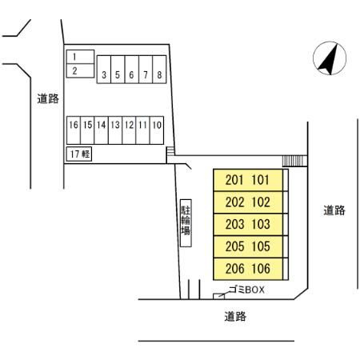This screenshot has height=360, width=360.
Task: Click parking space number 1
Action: (80, 57)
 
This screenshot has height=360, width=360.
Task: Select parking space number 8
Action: (159, 70)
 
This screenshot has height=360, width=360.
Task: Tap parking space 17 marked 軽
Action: (79, 154)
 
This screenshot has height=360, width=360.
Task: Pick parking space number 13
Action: (115, 130)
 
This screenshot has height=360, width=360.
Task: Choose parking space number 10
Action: (157, 130)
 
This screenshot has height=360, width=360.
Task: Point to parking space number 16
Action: (74, 130)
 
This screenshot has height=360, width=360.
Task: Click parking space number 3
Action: (104, 70)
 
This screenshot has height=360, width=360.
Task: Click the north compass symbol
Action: (330, 58)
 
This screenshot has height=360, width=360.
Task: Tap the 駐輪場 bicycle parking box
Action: (186, 223)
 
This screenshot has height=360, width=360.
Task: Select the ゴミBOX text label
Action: (246, 290)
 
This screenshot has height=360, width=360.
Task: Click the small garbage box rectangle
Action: (218, 296)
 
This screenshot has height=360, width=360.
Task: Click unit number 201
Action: (234, 180)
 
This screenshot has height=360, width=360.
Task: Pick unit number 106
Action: (261, 269)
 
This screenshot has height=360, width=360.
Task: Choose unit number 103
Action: (261, 224)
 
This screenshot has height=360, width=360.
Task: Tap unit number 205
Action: (234, 246)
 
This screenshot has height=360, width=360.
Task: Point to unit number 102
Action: (261, 202)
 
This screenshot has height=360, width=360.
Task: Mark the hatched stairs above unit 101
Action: (294, 161)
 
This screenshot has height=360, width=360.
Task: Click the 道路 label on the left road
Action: (48, 98)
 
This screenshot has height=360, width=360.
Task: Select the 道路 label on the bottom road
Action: (235, 317)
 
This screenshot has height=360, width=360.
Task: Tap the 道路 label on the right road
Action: (334, 210)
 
